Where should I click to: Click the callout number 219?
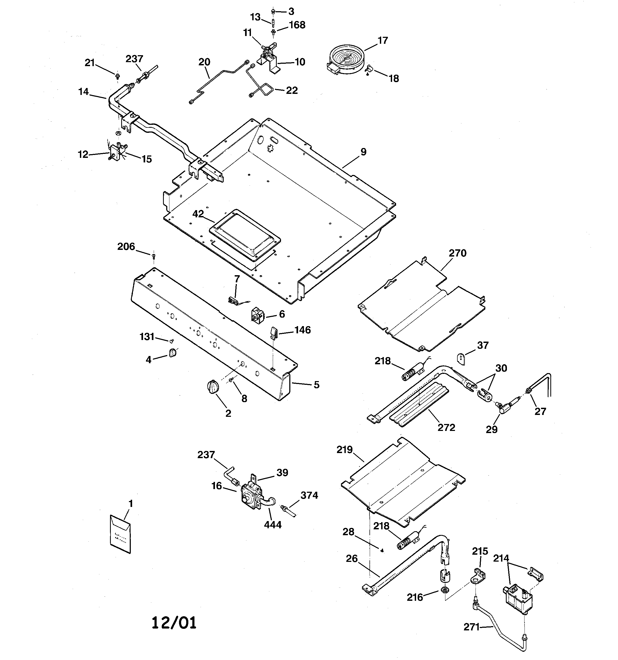[345, 450]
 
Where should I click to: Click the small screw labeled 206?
[154, 256]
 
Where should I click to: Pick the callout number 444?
[273, 525]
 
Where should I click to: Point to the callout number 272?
[446, 427]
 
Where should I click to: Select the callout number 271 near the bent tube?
[471, 627]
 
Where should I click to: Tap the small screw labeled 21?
[117, 76]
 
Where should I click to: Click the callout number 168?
[297, 25]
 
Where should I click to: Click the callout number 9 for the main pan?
[363, 152]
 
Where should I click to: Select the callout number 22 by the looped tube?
[292, 90]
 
